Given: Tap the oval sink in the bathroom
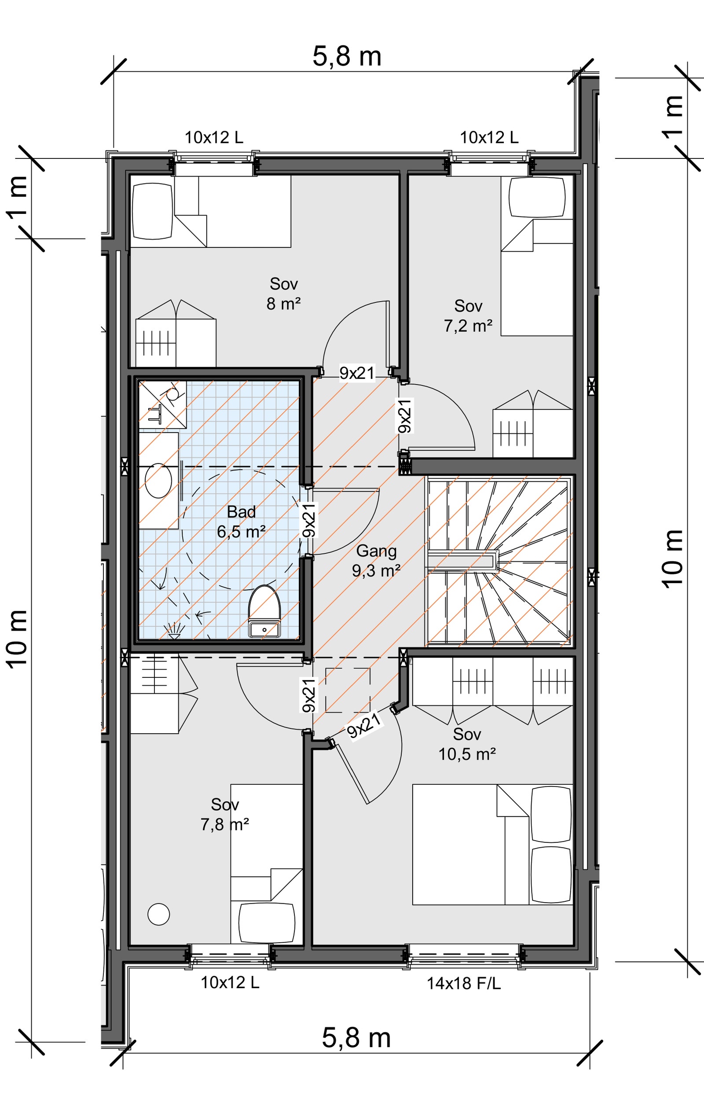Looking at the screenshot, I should pos(158,481).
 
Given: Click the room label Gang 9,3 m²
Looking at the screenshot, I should pos(376,560).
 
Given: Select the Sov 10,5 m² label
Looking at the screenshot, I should pos(467,744).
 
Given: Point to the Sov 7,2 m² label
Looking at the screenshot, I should pos(468,316).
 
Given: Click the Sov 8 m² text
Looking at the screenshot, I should pos(283,294).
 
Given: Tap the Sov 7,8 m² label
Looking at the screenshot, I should pos(224,815).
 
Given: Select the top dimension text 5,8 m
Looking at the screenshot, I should pos(347,57).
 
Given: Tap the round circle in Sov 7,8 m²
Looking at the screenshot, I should pos(159,914).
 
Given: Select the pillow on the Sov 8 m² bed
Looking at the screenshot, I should pos(152,211).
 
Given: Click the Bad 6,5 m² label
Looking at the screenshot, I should pos(241,522).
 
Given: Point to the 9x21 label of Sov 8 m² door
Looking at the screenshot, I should pos(357,373).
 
